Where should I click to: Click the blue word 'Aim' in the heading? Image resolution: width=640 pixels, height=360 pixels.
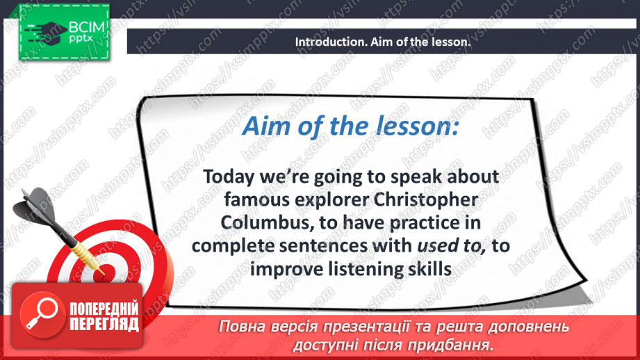267,126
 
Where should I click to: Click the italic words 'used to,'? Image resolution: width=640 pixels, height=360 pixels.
452,246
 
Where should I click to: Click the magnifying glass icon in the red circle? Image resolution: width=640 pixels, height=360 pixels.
42,313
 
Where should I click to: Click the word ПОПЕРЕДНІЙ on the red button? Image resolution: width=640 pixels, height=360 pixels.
104,309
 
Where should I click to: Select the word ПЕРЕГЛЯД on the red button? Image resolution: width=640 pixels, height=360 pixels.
104,324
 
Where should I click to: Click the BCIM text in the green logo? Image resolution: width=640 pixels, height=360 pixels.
87,28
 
